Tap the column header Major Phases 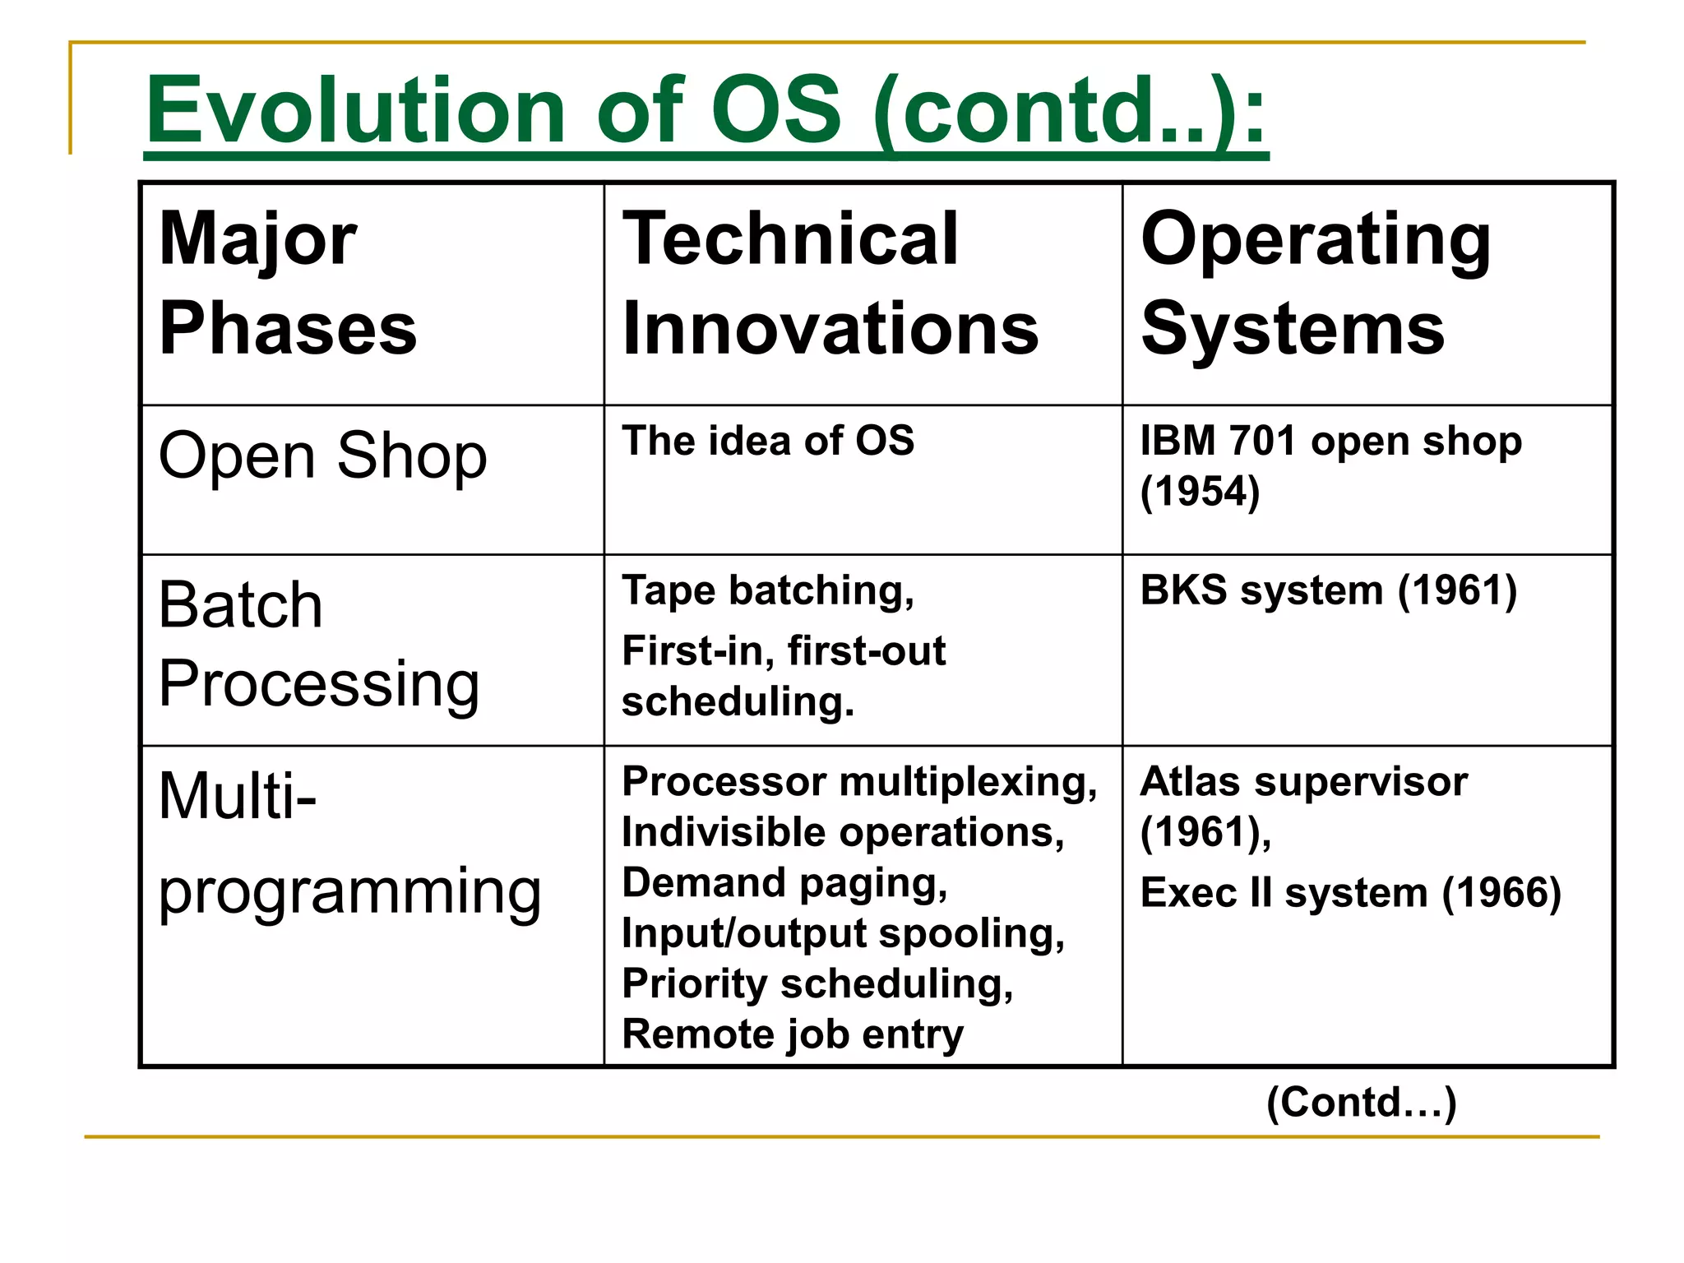[288, 284]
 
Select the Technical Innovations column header [830, 284]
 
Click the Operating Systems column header [1316, 284]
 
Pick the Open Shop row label [322, 456]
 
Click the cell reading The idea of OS [768, 441]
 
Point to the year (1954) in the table [1200, 492]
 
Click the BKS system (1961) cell [1328, 591]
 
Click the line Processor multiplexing [859, 782]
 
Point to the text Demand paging [784, 883]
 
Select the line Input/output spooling [843, 934]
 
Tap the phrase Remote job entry [793, 1034]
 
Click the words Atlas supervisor [1303, 782]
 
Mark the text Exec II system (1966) [1350, 893]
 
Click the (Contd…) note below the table [1361, 1102]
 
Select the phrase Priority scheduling [817, 984]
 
